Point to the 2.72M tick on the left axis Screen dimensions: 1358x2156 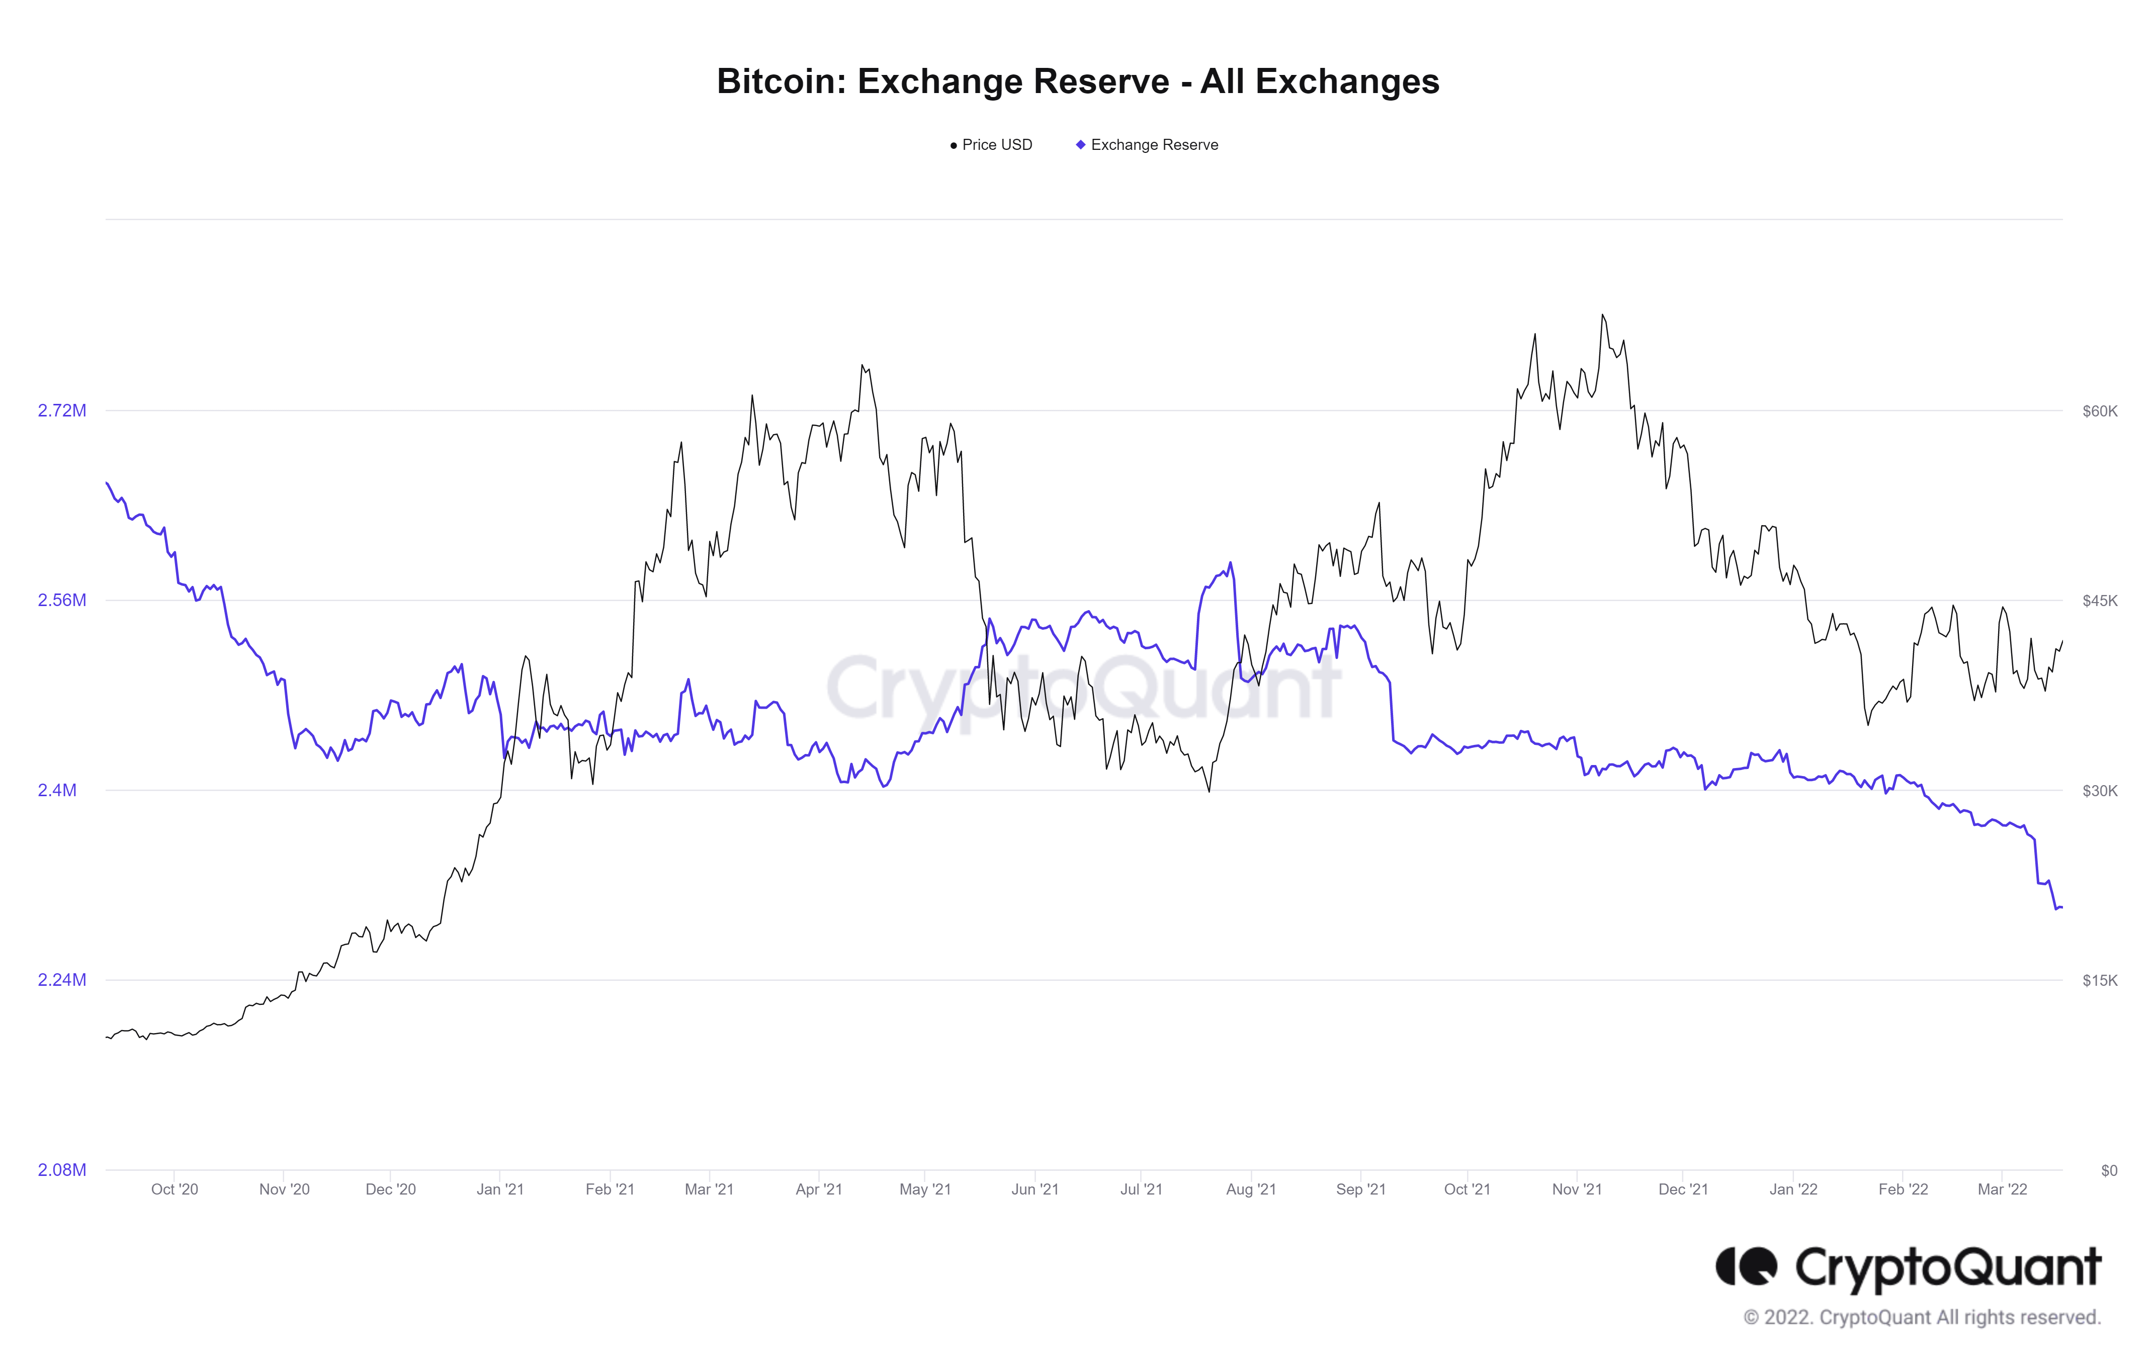tap(62, 411)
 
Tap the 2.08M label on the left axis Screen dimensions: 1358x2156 tap(62, 1170)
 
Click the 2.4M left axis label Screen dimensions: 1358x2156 tap(57, 791)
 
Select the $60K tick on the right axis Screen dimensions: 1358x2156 tap(2100, 411)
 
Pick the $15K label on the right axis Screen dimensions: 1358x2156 tap(2100, 980)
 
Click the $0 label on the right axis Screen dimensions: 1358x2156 tap(2109, 1170)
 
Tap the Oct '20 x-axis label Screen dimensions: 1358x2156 tap(175, 1190)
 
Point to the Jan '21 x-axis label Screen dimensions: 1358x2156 tap(499, 1190)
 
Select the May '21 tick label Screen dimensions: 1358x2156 tap(925, 1190)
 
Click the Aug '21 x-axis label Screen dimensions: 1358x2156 tap(1251, 1190)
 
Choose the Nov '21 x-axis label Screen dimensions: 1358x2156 tap(1577, 1190)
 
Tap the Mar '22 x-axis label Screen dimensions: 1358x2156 tap(2002, 1190)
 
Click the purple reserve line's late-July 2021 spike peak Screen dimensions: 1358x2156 tap(1231, 563)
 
